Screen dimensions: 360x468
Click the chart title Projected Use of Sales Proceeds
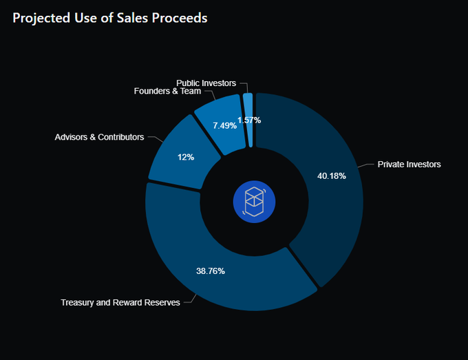(110, 18)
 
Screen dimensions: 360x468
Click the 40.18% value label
(331, 176)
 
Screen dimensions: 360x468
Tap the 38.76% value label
(211, 271)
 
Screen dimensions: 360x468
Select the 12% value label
(186, 157)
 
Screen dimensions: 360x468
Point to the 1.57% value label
(249, 120)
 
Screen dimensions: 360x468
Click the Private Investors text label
(409, 165)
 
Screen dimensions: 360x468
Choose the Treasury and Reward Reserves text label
(120, 302)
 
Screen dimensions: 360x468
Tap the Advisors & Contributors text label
(99, 137)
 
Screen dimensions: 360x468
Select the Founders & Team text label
(167, 91)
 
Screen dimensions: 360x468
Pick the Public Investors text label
(206, 83)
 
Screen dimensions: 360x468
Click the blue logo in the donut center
(255, 202)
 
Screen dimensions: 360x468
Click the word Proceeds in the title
(182, 18)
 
